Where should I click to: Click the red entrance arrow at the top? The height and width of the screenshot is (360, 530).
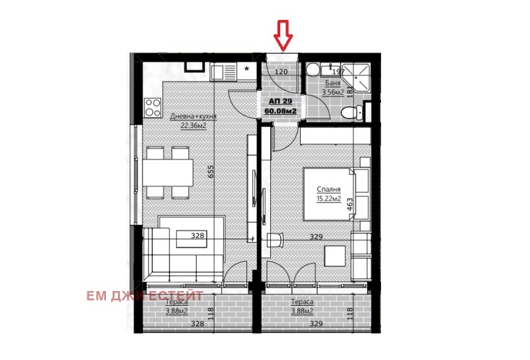tap(284, 36)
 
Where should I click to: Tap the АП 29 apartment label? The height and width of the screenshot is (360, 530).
tap(280, 101)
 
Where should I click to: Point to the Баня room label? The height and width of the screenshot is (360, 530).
tap(333, 84)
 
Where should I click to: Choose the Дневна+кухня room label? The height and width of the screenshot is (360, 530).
tap(193, 117)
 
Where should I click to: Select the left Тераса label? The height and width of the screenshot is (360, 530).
tap(177, 302)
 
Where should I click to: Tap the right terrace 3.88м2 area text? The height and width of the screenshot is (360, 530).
tap(301, 310)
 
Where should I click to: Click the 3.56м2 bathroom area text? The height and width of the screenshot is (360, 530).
tap(333, 92)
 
